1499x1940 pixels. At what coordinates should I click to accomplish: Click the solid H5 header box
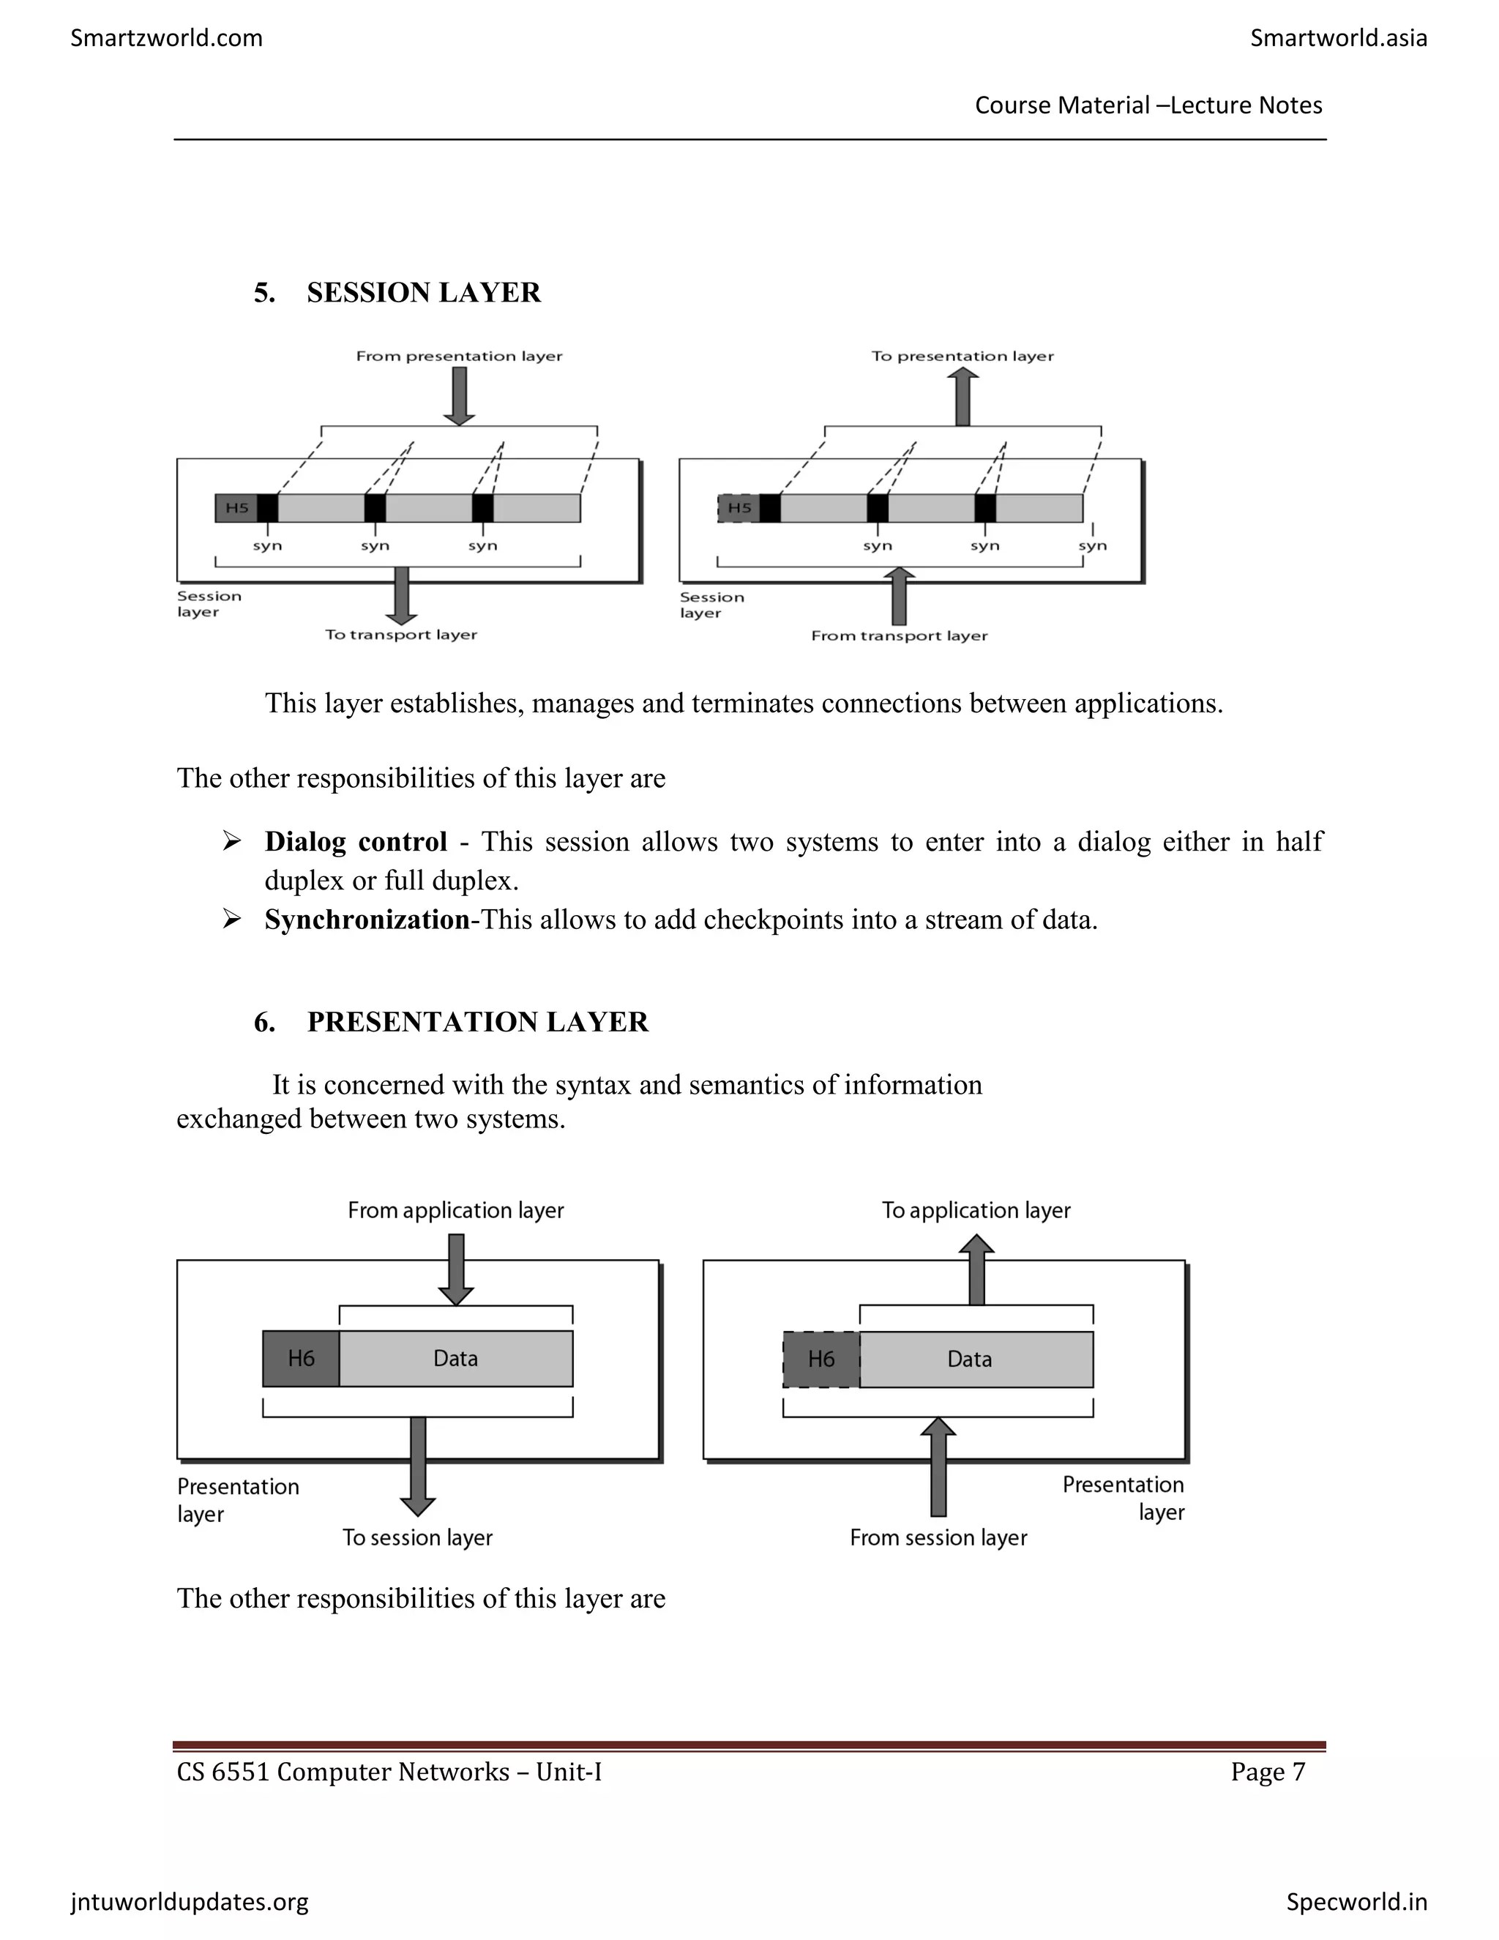pyautogui.click(x=236, y=508)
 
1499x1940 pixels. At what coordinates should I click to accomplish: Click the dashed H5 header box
pyautogui.click(x=739, y=508)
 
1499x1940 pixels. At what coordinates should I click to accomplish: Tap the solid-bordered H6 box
pyautogui.click(x=301, y=1358)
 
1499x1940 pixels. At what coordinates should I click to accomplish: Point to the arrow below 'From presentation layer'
pyautogui.click(x=459, y=397)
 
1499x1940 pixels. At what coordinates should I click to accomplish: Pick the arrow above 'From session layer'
pyautogui.click(x=938, y=1466)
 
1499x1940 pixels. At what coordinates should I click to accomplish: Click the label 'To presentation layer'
pyautogui.click(x=962, y=357)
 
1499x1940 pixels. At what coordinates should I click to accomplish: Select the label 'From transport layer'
pyautogui.click(x=899, y=636)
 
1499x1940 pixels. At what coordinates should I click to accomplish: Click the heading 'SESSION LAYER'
pyautogui.click(x=424, y=292)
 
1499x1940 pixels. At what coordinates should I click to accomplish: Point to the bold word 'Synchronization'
pyautogui.click(x=367, y=919)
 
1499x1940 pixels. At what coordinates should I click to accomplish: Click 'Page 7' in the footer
pyautogui.click(x=1267, y=1772)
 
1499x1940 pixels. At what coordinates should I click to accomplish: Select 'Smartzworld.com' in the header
pyautogui.click(x=166, y=38)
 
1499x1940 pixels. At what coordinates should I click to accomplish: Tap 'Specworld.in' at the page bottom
pyautogui.click(x=1356, y=1902)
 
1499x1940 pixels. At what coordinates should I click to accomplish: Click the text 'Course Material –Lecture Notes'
pyautogui.click(x=1148, y=105)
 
